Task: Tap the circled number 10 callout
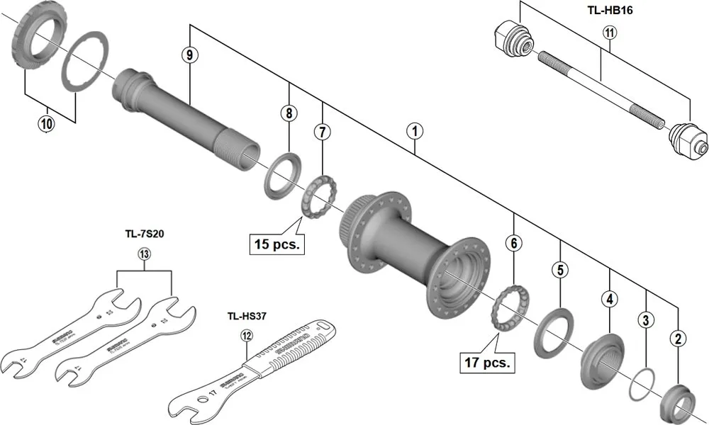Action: point(46,123)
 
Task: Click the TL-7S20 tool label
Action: point(145,233)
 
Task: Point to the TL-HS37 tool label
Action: point(246,317)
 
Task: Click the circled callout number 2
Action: point(679,339)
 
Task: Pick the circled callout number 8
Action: point(289,112)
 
